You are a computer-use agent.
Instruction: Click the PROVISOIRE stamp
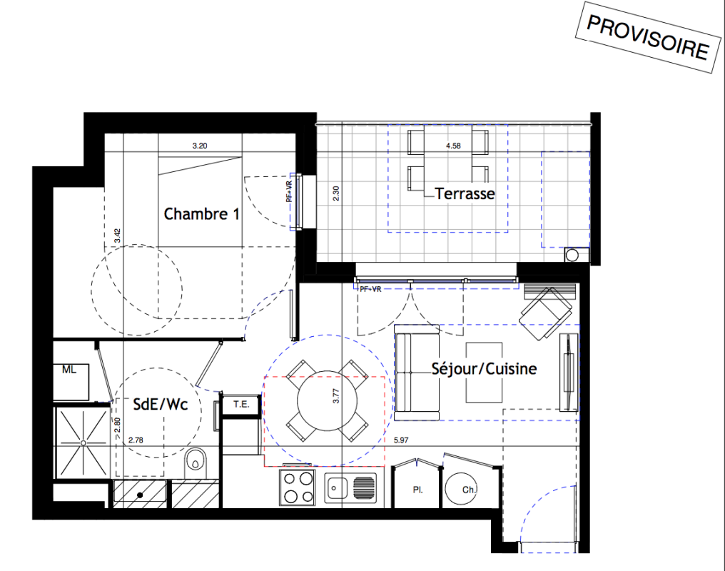648,37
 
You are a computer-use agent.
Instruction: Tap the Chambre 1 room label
202,214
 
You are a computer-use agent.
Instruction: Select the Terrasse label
465,193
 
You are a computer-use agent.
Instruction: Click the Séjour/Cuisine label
484,368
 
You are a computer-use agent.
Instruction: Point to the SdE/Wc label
161,404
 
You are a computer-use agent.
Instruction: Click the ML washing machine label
69,370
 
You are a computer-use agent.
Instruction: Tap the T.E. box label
241,404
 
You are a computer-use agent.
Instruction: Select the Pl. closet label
418,490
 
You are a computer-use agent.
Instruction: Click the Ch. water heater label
469,490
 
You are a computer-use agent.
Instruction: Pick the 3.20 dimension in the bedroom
200,146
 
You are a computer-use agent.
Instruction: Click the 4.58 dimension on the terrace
453,146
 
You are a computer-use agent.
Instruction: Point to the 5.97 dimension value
401,440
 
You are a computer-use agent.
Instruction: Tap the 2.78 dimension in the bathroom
136,440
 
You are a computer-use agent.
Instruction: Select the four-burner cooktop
298,487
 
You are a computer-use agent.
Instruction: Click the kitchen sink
350,487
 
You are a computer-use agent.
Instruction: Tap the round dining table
328,400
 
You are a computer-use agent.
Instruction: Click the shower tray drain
83,443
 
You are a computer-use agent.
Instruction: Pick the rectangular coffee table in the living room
484,373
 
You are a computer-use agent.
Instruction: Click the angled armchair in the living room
546,313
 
